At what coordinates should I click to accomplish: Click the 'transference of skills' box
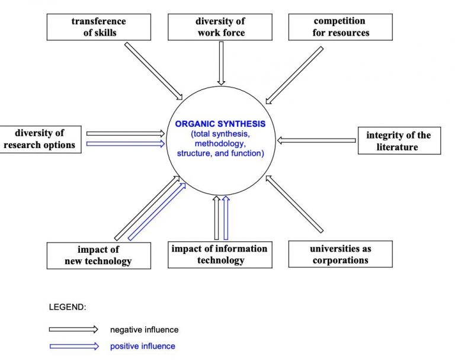tap(99, 27)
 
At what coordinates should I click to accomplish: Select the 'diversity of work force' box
tap(220, 27)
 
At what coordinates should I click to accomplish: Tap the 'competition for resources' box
tap(341, 27)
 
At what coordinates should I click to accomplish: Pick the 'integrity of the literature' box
tap(399, 141)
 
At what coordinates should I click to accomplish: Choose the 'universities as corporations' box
tap(341, 254)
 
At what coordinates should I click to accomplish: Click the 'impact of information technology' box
tap(220, 255)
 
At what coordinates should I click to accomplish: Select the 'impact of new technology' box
tap(99, 256)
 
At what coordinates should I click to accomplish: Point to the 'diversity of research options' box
tap(40, 140)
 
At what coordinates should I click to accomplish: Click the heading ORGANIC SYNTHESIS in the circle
tap(220, 124)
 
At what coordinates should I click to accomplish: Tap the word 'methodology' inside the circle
tap(219, 144)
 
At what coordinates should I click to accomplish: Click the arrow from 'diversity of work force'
tap(221, 63)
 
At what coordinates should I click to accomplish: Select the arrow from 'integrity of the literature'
tap(316, 140)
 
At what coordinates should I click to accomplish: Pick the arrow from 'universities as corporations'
tap(294, 204)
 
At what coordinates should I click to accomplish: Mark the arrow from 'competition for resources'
tap(294, 75)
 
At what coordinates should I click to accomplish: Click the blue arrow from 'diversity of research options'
tap(126, 144)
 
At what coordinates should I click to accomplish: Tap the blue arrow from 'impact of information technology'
tap(226, 218)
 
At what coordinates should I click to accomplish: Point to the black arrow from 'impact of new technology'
tap(147, 208)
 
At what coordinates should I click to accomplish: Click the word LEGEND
tap(68, 307)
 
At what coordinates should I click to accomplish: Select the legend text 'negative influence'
tap(144, 330)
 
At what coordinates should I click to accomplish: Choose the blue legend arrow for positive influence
tap(74, 346)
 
